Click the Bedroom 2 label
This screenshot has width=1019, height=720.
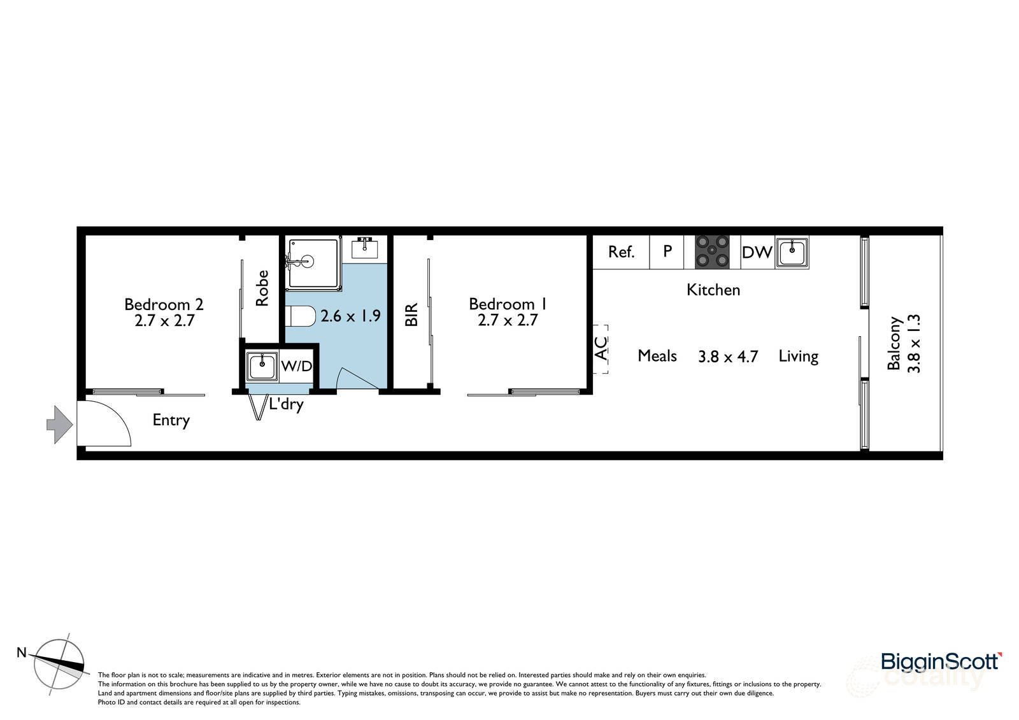[164, 304]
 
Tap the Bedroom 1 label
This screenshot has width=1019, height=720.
[508, 304]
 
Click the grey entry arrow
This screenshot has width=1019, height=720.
[60, 425]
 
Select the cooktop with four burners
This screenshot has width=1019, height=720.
[712, 252]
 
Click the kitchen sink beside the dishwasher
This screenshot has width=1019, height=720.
[792, 252]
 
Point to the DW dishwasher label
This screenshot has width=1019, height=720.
[757, 252]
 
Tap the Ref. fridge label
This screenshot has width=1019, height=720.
[621, 252]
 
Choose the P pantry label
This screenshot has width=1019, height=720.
[667, 251]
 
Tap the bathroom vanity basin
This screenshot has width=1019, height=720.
[364, 248]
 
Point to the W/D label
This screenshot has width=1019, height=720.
[297, 366]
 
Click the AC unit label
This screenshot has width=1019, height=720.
[601, 348]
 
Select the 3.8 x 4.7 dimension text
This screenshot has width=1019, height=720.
[728, 356]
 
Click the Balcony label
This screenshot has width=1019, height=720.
[894, 343]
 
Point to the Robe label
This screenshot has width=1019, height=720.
[262, 288]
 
